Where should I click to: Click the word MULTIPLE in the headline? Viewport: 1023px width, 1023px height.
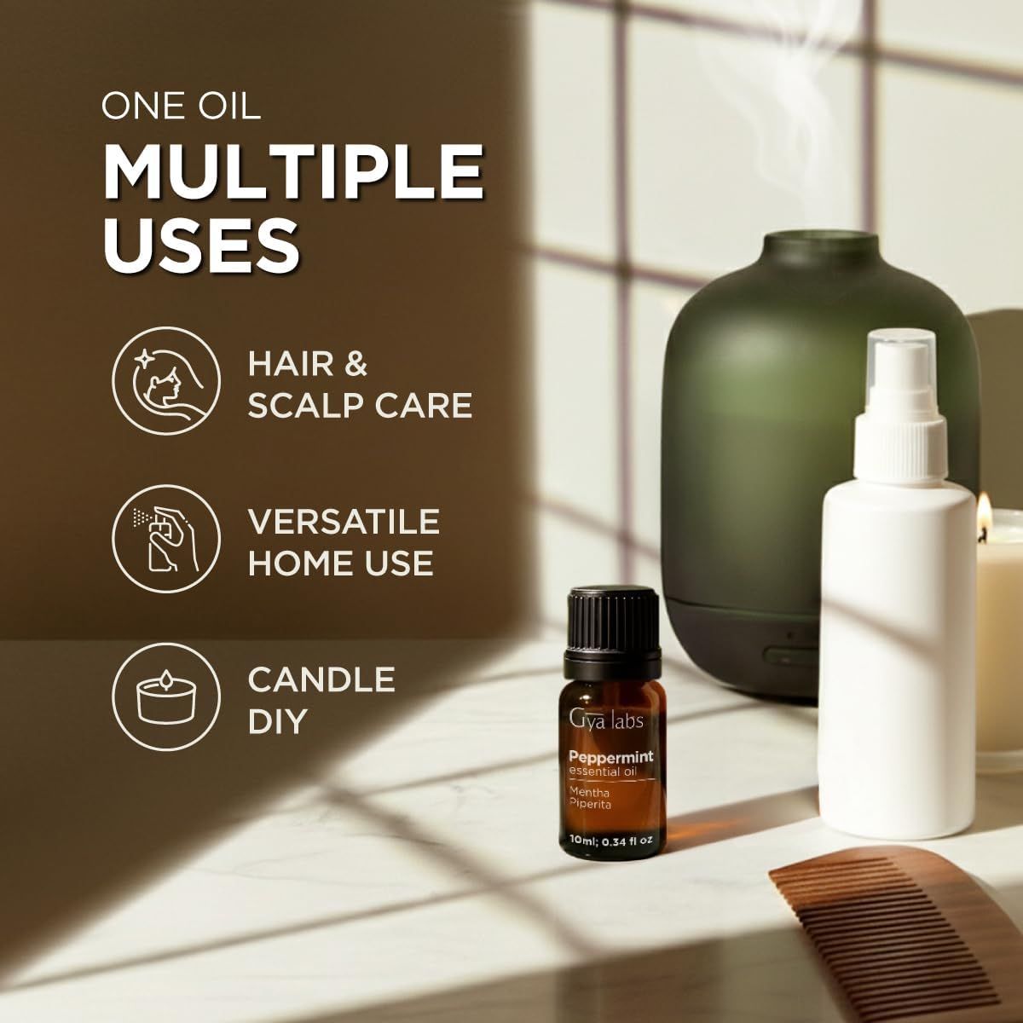point(293,171)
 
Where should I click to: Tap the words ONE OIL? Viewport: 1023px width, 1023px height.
point(181,106)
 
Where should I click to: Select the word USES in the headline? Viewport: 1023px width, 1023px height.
point(201,244)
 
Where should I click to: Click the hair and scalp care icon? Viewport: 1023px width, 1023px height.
point(166,381)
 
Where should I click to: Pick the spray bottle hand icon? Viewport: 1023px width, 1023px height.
point(166,540)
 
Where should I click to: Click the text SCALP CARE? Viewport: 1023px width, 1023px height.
point(360,406)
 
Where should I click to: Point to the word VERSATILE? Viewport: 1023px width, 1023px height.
point(344,522)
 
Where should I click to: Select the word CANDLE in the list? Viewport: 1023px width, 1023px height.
point(321,679)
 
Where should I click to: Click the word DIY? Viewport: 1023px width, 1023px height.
point(278,721)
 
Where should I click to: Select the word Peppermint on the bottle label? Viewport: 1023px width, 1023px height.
point(611,757)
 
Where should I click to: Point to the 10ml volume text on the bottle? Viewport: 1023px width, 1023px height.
point(610,841)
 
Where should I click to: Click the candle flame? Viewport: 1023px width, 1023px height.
point(984,513)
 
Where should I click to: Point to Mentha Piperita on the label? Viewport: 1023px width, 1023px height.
point(590,798)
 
